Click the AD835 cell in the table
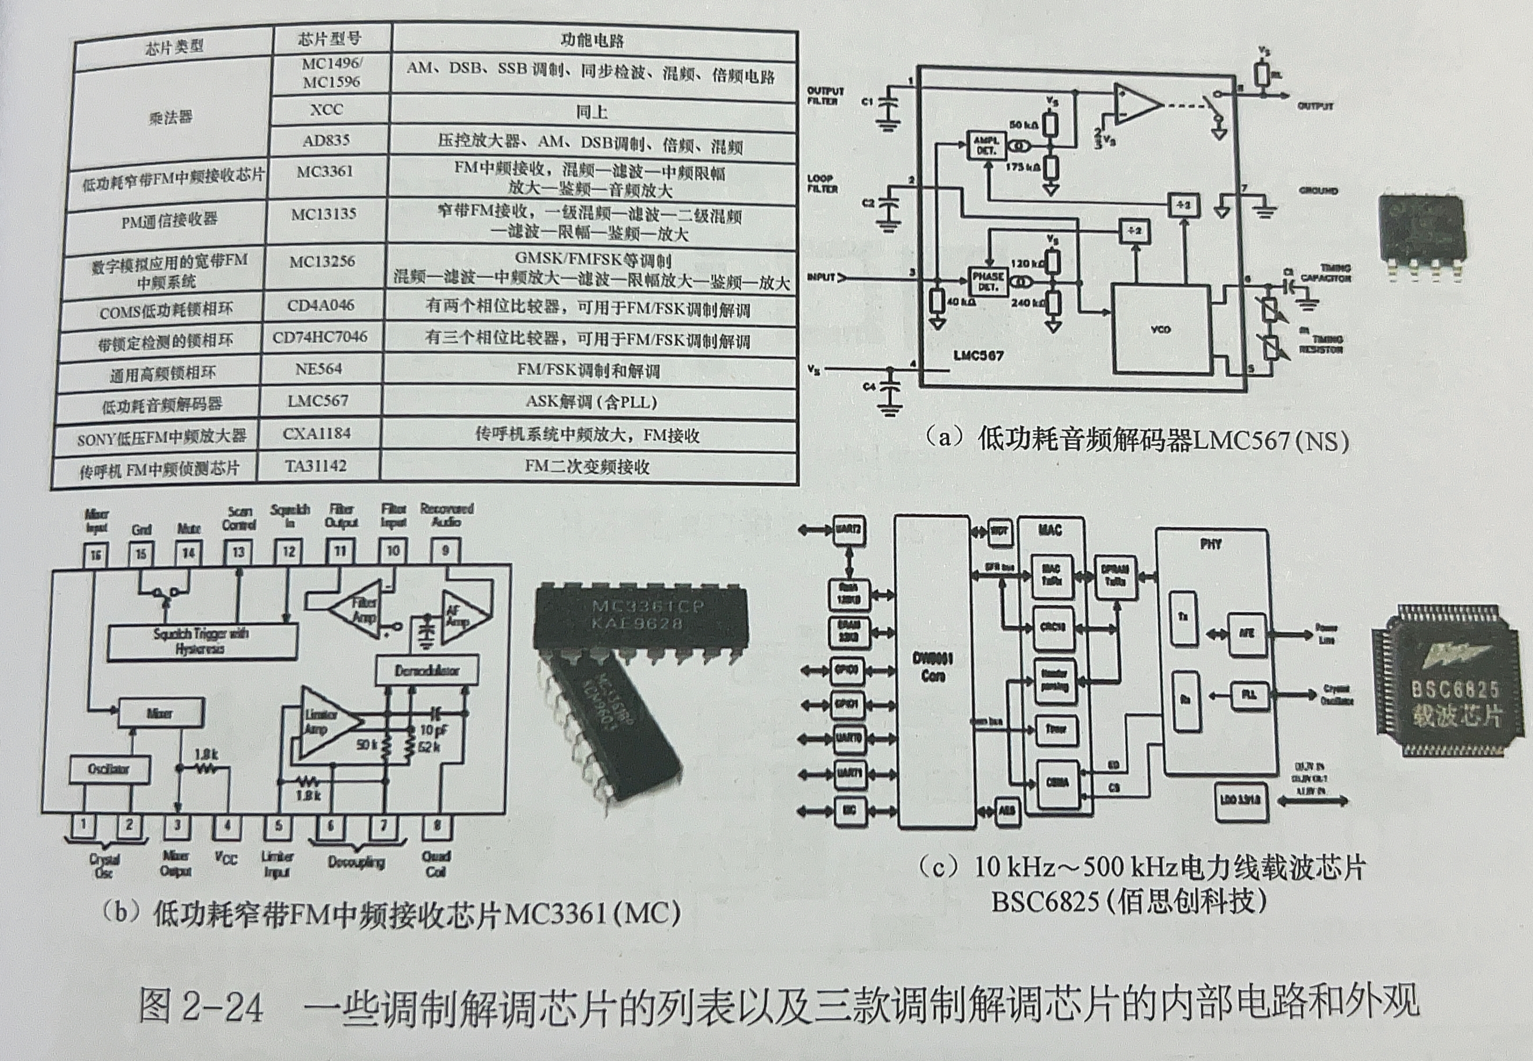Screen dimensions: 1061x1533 (x=326, y=140)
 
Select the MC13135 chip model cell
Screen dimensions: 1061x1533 (x=323, y=214)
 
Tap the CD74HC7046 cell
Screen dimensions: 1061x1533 (x=320, y=337)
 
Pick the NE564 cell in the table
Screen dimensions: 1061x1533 (x=318, y=369)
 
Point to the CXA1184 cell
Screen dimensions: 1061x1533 (x=317, y=433)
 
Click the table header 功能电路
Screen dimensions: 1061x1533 (x=592, y=41)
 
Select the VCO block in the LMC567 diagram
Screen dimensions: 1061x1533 (x=1161, y=328)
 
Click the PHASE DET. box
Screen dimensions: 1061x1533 (x=988, y=281)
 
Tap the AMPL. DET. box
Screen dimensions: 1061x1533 (x=986, y=146)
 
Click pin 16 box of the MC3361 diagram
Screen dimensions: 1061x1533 (x=96, y=554)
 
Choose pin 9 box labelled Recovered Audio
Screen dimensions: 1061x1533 (x=445, y=550)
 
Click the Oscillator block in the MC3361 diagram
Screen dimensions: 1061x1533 (x=109, y=769)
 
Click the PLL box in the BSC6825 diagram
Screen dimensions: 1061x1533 (x=1248, y=696)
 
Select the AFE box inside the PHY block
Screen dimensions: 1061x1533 (x=1247, y=633)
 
